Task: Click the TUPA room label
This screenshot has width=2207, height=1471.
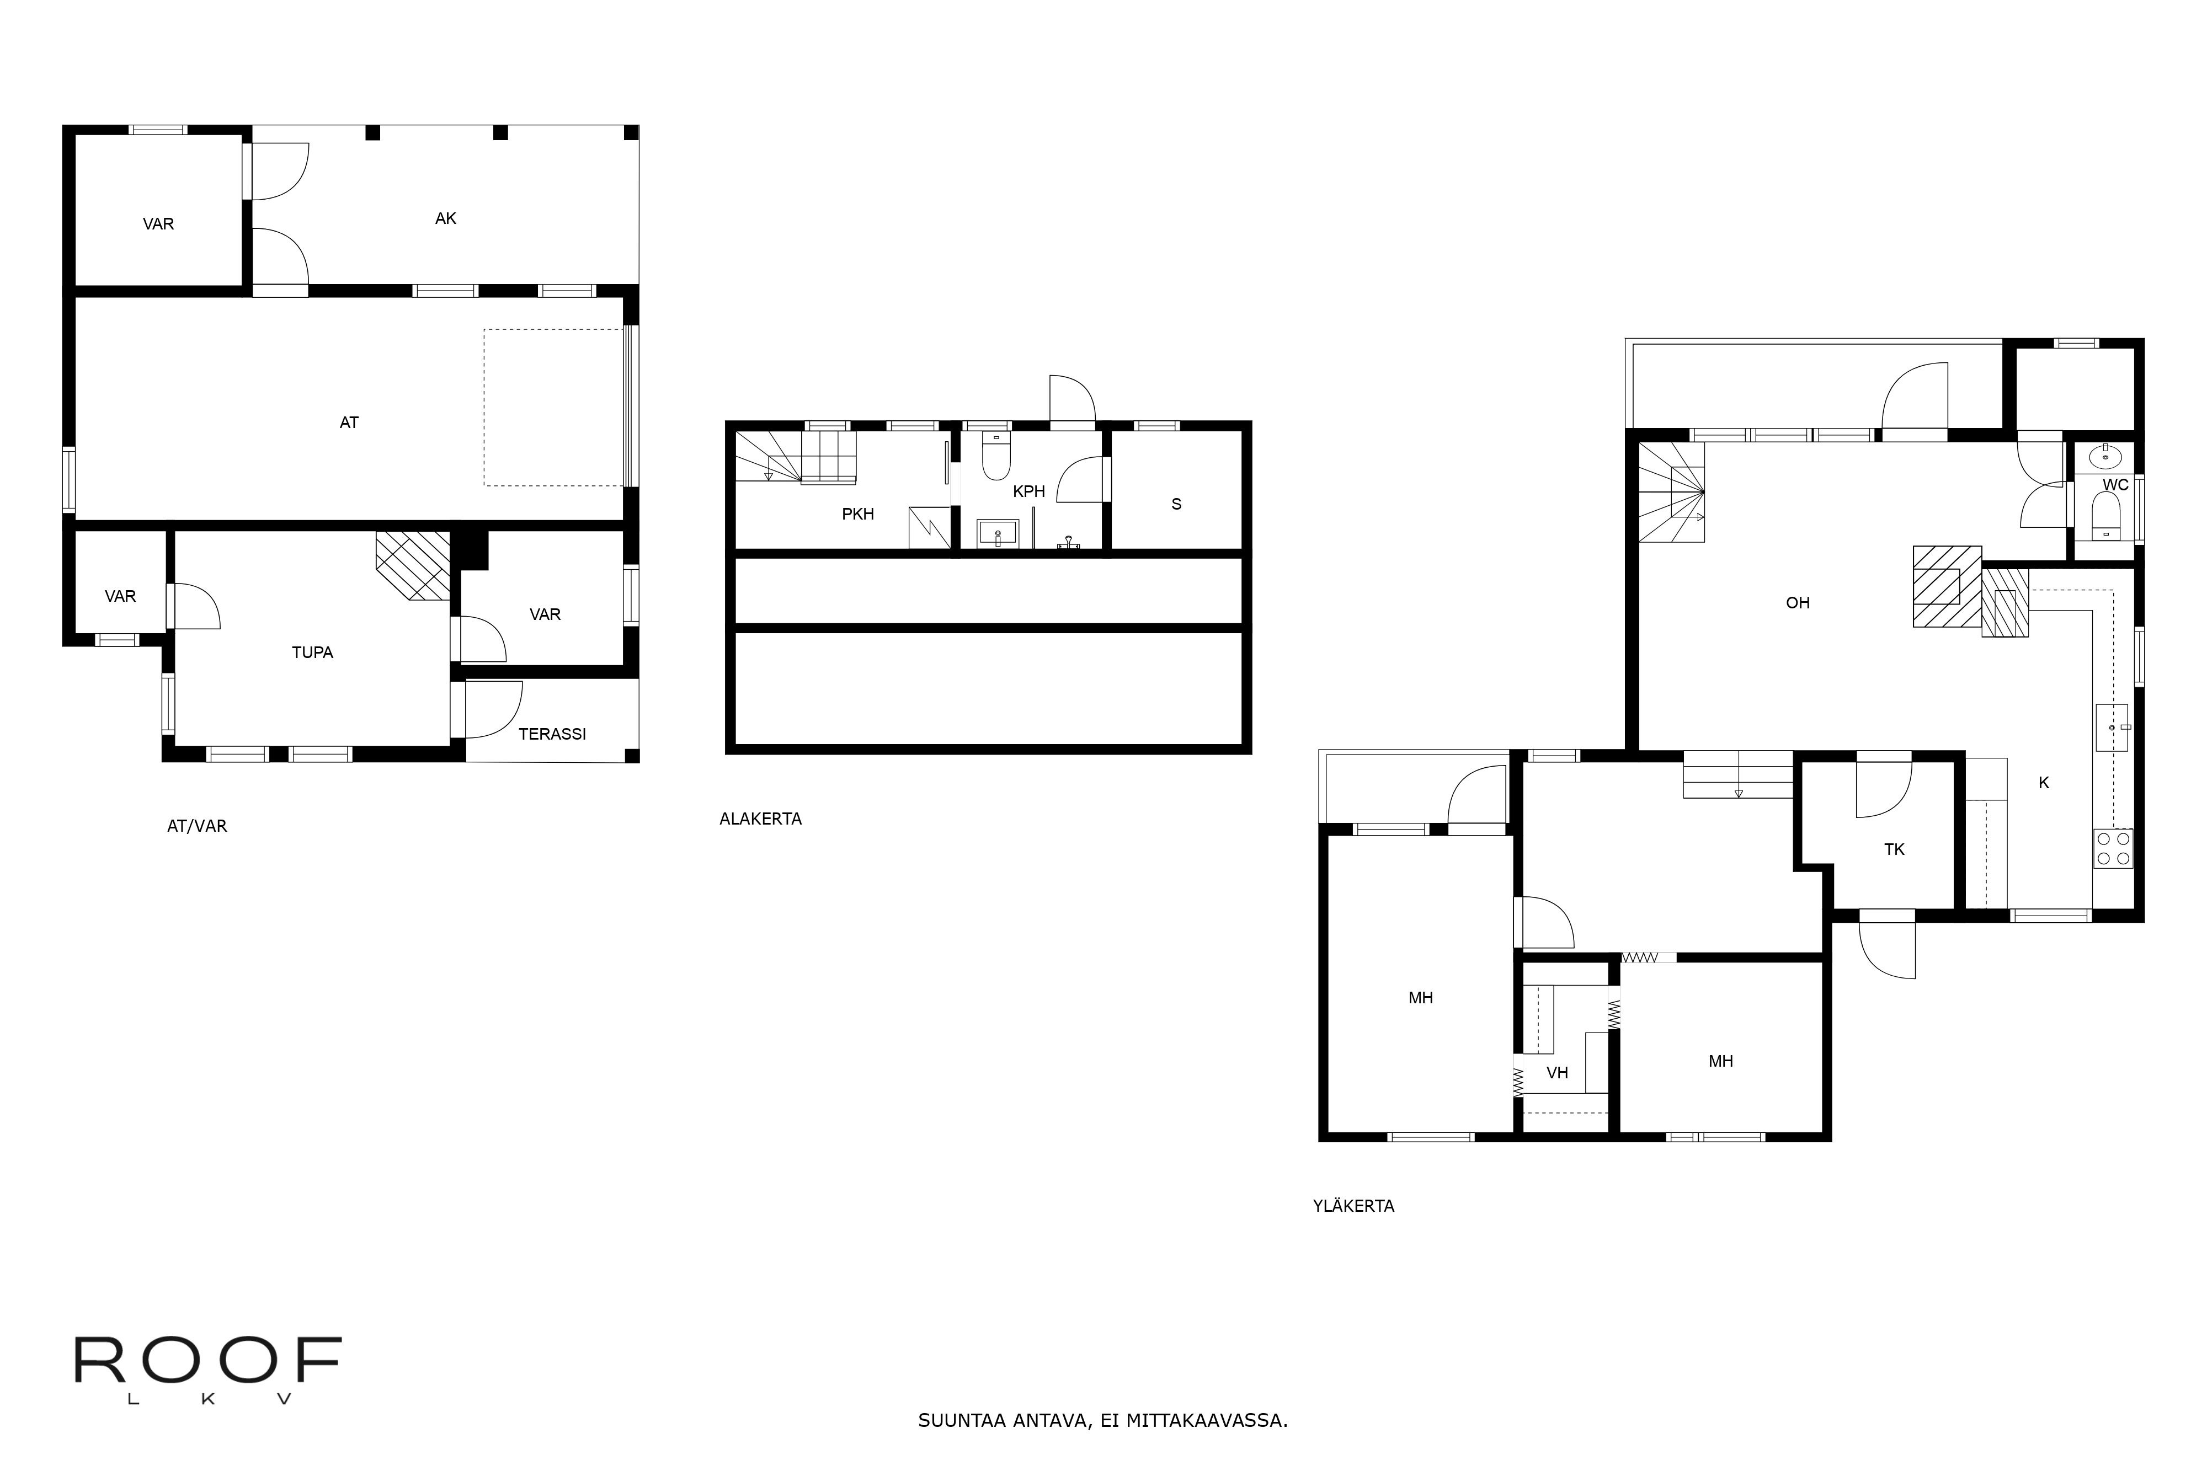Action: coord(312,652)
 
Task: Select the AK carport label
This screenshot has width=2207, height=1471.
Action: coord(446,218)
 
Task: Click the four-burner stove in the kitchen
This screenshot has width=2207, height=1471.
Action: coord(2113,848)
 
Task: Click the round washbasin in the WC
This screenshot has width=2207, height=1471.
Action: coord(2105,457)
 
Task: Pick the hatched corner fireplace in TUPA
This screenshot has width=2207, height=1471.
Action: coord(413,566)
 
